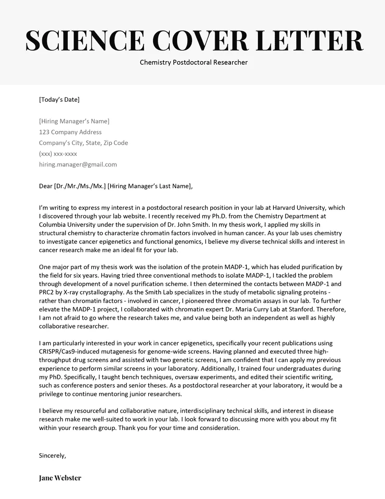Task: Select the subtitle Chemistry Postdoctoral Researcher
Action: click(193, 62)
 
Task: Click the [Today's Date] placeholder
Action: click(59, 100)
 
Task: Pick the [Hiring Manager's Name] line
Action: click(74, 121)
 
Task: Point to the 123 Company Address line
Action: click(70, 132)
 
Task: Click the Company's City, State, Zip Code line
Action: click(83, 143)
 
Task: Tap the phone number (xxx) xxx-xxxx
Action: click(58, 154)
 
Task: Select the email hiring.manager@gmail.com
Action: click(77, 164)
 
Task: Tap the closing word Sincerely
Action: click(52, 455)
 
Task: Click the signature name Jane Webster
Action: click(60, 478)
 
